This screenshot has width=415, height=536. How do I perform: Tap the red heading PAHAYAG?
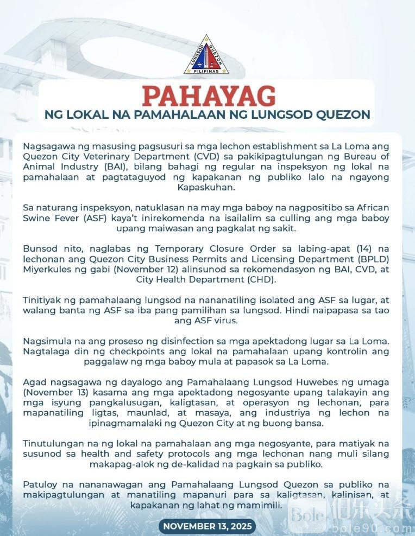pyautogui.click(x=208, y=96)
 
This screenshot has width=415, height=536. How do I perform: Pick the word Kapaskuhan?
pyautogui.click(x=207, y=187)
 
